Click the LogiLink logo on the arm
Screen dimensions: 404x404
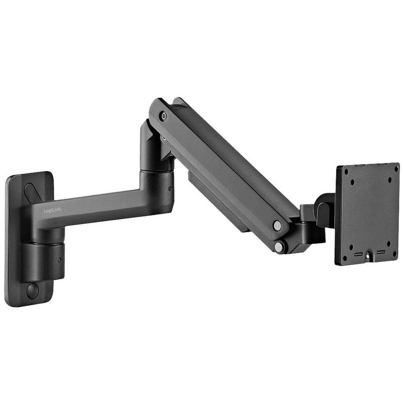(53, 211)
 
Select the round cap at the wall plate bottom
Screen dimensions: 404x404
(32, 291)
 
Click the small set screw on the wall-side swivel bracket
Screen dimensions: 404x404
(60, 259)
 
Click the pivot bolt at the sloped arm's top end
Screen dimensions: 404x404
(164, 116)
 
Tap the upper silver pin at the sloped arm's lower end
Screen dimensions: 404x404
(277, 226)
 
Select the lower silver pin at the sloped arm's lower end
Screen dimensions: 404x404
(279, 247)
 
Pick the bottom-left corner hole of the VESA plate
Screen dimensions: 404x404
(345, 258)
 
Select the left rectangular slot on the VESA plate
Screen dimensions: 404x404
(358, 254)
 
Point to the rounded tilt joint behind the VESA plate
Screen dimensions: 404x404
(324, 210)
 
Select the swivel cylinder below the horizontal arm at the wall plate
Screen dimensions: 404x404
(44, 259)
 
